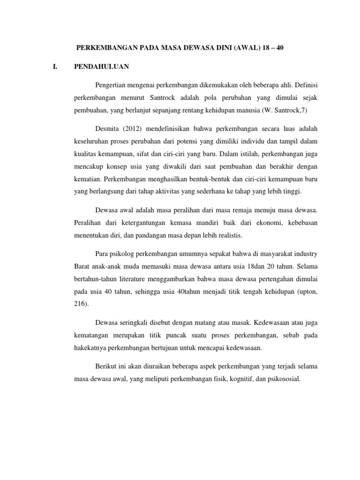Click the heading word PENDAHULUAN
pos(102,67)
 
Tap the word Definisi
pos(305,84)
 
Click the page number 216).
pos(81,304)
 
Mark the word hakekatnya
pos(91,348)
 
